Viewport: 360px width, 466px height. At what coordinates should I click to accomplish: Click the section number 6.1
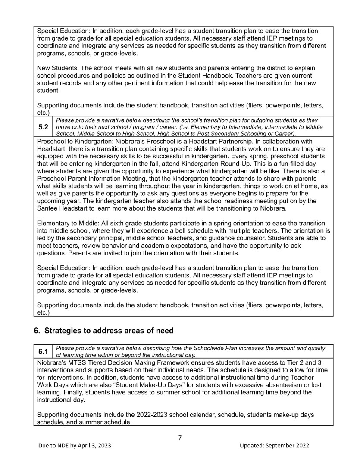point(43,351)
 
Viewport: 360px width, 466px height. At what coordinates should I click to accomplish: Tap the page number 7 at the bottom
point(180,438)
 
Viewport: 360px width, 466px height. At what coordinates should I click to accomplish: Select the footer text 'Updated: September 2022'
point(274,446)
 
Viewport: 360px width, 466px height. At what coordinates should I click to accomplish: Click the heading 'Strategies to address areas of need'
point(109,331)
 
